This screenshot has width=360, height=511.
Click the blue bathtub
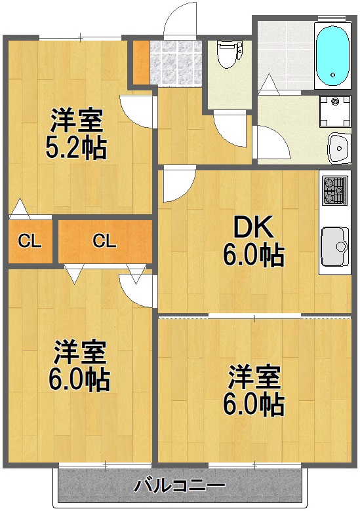click(x=332, y=55)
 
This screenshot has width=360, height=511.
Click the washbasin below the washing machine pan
click(x=338, y=148)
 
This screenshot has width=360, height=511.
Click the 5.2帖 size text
click(x=76, y=149)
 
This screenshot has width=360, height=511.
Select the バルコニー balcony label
click(x=180, y=485)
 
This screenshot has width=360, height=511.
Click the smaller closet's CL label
click(x=29, y=241)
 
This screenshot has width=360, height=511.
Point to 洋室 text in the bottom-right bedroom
click(x=254, y=378)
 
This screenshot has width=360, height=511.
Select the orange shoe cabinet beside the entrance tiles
click(x=140, y=62)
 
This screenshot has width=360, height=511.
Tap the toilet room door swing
click(x=230, y=128)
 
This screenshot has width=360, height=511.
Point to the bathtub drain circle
click(x=334, y=76)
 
